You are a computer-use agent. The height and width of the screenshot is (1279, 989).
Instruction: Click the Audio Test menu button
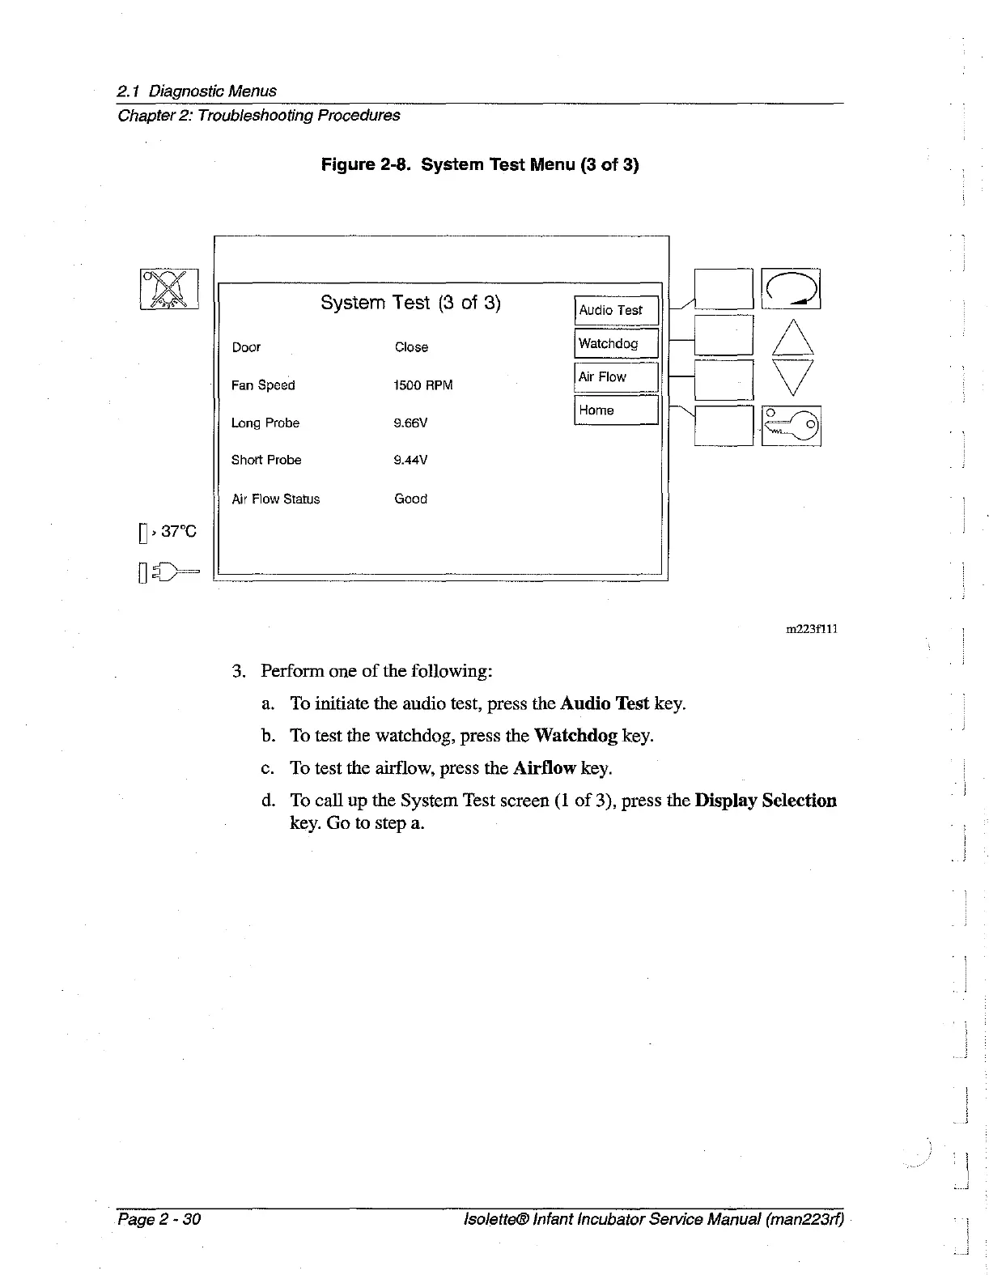click(617, 311)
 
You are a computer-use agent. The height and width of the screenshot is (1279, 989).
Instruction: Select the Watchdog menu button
click(617, 344)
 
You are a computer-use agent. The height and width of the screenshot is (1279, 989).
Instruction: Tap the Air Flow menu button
click(617, 377)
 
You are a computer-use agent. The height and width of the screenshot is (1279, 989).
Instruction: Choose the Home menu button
click(617, 410)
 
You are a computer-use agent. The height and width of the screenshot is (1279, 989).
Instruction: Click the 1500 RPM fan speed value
click(422, 385)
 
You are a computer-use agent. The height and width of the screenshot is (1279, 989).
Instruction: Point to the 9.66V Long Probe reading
click(410, 423)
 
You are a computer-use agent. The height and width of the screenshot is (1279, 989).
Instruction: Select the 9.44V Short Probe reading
click(410, 461)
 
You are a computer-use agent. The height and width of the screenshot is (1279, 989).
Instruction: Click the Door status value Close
click(411, 347)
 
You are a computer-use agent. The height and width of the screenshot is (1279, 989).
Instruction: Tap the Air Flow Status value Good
click(410, 499)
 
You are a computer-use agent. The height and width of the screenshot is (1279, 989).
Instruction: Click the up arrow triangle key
click(792, 338)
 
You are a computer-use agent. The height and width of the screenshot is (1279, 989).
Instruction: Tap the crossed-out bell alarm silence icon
click(169, 289)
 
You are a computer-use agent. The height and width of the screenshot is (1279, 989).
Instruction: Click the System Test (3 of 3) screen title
click(410, 303)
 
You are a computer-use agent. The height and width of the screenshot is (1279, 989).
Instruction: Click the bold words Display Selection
click(766, 801)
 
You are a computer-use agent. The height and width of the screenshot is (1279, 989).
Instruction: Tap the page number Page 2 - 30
click(159, 1219)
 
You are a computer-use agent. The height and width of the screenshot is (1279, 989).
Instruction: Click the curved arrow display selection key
click(792, 289)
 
